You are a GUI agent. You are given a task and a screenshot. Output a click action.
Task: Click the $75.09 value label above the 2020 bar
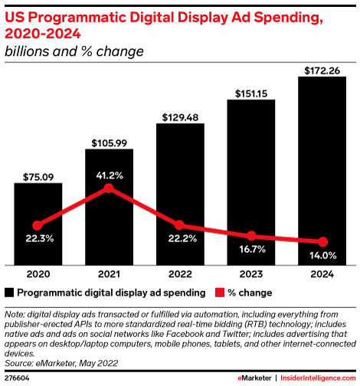38,174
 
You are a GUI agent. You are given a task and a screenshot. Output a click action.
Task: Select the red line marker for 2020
38,225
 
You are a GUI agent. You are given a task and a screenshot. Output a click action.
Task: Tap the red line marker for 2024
322,241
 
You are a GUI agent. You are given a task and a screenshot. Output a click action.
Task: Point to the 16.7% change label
251,250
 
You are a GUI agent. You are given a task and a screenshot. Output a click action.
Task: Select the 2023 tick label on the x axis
251,274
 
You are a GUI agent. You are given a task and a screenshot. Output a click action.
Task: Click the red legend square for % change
218,292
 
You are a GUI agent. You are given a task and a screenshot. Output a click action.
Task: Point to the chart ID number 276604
18,378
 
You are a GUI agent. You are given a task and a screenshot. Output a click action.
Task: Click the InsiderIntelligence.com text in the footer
318,378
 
